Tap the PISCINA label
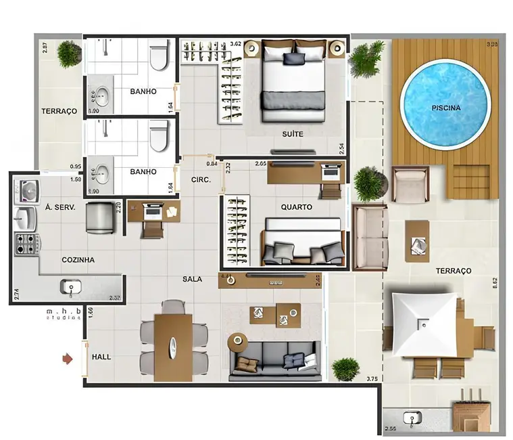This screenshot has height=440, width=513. click(x=445, y=108)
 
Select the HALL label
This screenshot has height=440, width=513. click(x=101, y=357)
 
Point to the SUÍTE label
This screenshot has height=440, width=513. click(x=293, y=134)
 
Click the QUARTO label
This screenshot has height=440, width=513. click(x=296, y=207)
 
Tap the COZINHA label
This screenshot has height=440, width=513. click(x=78, y=259)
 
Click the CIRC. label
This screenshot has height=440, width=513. click(x=201, y=180)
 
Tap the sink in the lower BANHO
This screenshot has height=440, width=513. click(x=103, y=171)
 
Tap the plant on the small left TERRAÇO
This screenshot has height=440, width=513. click(x=69, y=53)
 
